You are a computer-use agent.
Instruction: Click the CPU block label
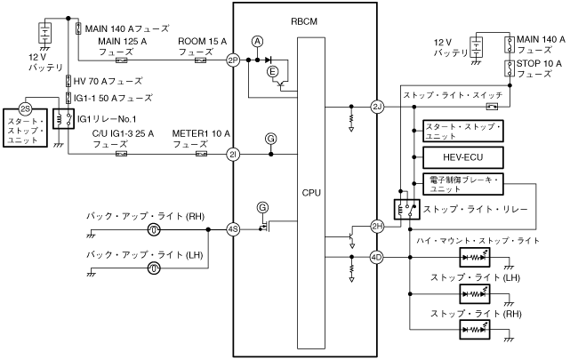(310, 192)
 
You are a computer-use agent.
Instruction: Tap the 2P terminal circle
(233, 60)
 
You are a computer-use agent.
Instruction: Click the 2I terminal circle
(233, 154)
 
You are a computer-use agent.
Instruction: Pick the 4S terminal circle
(233, 228)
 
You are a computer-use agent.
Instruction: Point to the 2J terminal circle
(376, 107)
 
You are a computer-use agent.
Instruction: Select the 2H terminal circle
(376, 227)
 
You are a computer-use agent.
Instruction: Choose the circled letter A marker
(258, 41)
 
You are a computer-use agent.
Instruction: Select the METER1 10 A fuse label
(200, 139)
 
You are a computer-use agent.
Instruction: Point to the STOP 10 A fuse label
(540, 68)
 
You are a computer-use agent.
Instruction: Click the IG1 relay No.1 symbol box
(63, 118)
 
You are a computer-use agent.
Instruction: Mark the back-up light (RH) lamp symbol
(154, 229)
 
